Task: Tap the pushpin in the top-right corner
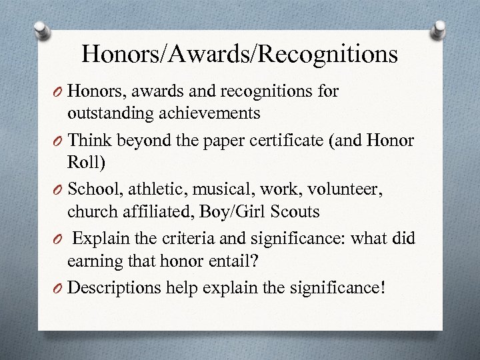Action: (440, 29)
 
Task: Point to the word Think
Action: (90, 141)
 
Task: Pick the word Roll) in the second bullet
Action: (82, 163)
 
